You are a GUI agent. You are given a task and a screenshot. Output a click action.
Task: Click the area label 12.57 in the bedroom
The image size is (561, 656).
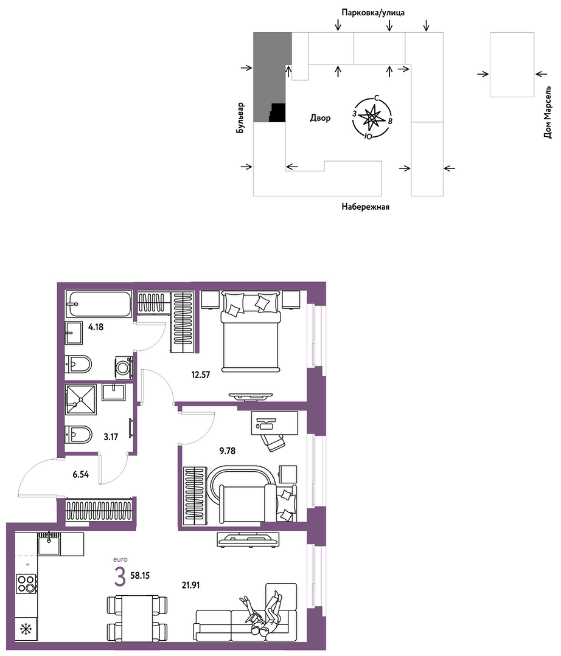[x=201, y=375]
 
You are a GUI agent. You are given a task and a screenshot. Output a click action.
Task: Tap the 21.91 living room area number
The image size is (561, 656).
[x=190, y=585]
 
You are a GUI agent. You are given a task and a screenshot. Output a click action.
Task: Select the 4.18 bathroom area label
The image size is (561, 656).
[x=96, y=327]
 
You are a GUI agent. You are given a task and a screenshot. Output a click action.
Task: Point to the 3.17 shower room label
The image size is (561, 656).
[x=111, y=437]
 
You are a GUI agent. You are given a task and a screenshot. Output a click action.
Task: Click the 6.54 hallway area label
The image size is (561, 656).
[x=80, y=474]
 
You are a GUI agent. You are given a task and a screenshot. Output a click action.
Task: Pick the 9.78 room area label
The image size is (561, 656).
[x=228, y=451]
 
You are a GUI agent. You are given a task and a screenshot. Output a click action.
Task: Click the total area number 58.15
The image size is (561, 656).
[x=140, y=576]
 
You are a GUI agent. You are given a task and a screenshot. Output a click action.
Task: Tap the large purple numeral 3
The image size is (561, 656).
[x=120, y=577]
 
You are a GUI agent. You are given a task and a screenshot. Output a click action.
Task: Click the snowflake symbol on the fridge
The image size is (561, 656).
[x=26, y=629]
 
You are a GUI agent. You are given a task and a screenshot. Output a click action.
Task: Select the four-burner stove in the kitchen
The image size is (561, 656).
[x=26, y=584]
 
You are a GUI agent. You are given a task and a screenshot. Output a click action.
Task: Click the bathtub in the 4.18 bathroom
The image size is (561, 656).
[x=100, y=304]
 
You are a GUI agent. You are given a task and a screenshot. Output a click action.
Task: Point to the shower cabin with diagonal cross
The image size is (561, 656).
[x=81, y=399]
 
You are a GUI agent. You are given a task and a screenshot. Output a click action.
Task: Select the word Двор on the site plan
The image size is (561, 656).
[x=320, y=118]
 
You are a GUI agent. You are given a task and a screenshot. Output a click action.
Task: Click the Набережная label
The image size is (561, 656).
[x=366, y=207]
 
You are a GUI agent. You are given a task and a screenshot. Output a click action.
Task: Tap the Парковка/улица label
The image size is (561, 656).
[x=373, y=13]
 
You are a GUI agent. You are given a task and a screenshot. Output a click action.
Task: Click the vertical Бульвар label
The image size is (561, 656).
[x=240, y=118]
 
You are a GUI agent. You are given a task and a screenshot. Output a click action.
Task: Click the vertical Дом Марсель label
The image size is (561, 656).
[x=548, y=112]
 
